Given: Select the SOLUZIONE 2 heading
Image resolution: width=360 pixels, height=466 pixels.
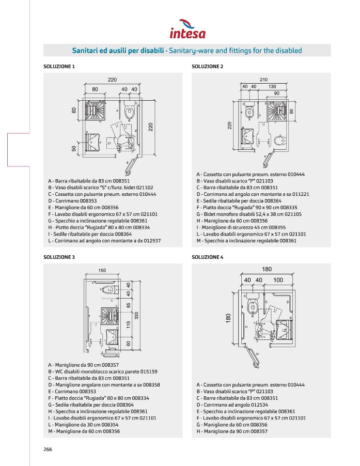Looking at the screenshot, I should coord(208,66).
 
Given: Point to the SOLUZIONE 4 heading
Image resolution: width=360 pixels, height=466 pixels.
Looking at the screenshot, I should coord(208,257).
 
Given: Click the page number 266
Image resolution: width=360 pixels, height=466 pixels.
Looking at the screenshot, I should coord(48,449).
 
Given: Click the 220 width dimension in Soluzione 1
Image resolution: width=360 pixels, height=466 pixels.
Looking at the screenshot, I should coord(112,80).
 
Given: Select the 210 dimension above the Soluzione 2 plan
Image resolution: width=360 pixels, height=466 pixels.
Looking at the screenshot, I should coord(263,80).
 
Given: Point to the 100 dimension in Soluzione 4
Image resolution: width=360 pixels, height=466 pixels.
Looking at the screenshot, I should coord(278,279).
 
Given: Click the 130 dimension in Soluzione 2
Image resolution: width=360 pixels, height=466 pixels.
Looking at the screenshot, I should coord(272,86).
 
